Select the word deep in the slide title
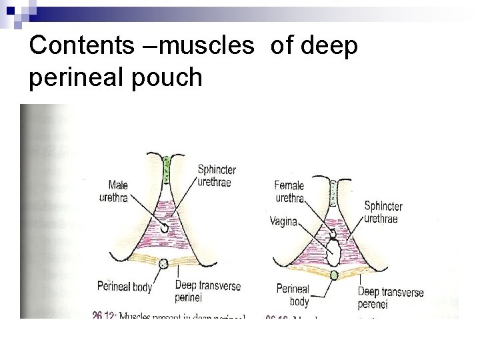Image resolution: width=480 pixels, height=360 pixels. (330, 45)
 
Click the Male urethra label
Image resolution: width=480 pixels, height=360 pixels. (113, 191)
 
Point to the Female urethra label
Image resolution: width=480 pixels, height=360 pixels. (289, 191)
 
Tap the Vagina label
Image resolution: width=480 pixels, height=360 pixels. (283, 221)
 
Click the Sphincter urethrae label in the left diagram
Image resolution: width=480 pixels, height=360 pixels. (216, 176)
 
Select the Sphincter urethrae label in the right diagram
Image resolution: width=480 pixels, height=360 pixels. (383, 212)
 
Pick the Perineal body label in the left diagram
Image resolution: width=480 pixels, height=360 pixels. (124, 287)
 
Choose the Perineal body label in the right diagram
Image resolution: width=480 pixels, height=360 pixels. (293, 295)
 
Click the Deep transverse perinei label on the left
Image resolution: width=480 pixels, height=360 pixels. (207, 291)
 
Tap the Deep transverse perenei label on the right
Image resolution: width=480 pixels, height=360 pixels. (391, 297)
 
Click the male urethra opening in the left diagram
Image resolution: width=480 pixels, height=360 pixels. (163, 229)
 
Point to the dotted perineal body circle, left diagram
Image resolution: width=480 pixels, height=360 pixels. (163, 263)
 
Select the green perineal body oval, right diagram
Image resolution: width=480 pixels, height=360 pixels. (334, 275)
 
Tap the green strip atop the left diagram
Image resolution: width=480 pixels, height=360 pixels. (167, 163)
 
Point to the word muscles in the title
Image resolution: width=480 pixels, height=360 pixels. (207, 45)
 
